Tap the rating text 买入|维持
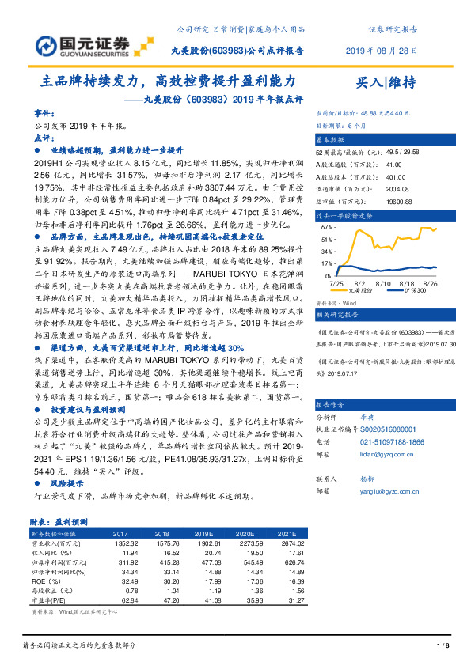[x=386, y=81]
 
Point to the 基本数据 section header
[x=332, y=138]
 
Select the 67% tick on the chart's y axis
[x=327, y=226]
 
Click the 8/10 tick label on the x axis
[x=384, y=282]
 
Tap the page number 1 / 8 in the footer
[x=443, y=647]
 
